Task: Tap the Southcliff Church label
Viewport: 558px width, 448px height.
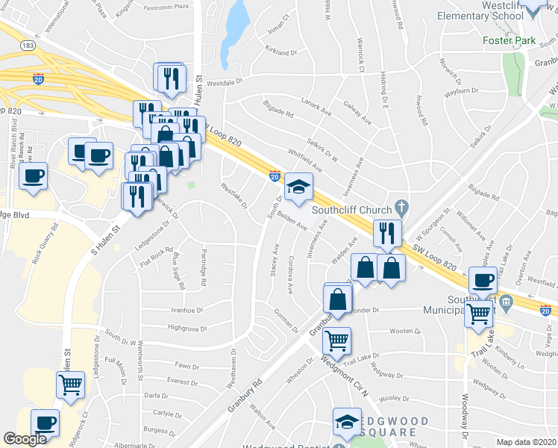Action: pos(353,208)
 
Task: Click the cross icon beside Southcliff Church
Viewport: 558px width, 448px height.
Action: pos(401,206)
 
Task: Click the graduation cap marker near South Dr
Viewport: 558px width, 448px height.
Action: pos(298,189)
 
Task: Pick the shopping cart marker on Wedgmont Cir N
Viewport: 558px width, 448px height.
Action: pos(336,340)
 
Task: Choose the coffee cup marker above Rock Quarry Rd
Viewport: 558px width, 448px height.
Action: pos(33,178)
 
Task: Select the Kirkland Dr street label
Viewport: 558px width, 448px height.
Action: pos(280,52)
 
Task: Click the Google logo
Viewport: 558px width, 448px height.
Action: pos(25,440)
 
